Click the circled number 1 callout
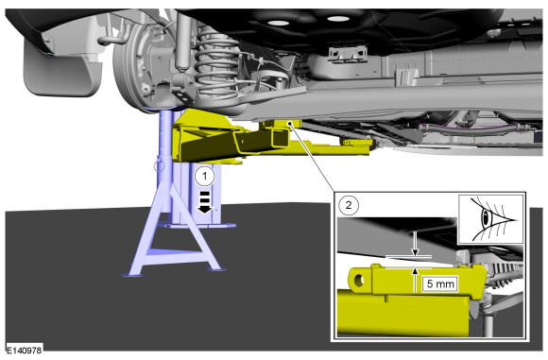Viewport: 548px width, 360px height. [x=205, y=176]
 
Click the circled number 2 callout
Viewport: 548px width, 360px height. [x=349, y=205]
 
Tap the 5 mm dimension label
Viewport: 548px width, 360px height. [x=440, y=283]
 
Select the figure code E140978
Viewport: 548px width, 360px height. [x=25, y=350]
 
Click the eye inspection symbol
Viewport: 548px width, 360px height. [x=490, y=219]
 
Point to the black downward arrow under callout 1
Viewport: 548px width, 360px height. [x=205, y=202]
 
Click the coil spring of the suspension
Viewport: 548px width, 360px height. [x=216, y=64]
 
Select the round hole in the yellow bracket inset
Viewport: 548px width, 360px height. [x=359, y=280]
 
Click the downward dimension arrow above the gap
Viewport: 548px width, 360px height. [x=415, y=245]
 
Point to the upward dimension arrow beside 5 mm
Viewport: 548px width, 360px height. [x=415, y=280]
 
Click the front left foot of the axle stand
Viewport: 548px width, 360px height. [x=132, y=275]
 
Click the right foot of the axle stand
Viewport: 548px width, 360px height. [x=216, y=269]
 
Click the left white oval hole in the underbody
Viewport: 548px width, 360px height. [x=278, y=23]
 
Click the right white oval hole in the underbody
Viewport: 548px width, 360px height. [x=338, y=18]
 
